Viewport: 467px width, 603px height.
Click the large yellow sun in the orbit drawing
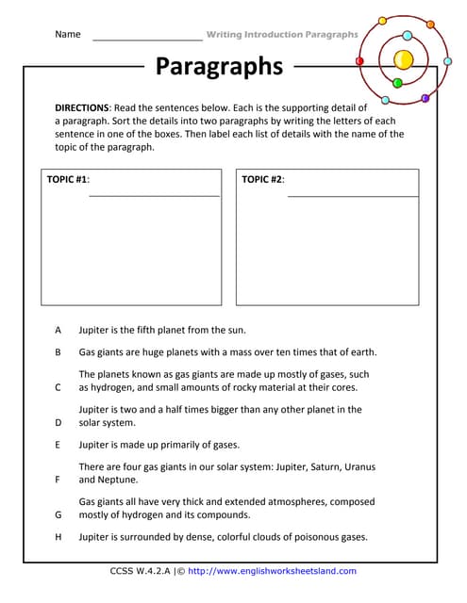click(x=403, y=59)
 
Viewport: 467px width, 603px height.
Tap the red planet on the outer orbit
click(x=359, y=60)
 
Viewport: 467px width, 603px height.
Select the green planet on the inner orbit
click(x=397, y=83)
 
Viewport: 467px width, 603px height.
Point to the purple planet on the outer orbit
click(x=425, y=98)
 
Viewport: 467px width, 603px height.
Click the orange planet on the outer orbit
click(x=429, y=24)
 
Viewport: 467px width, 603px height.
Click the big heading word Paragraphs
click(x=219, y=66)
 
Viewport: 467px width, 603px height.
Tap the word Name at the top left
click(x=68, y=34)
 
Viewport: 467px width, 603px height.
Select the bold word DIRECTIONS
click(x=82, y=108)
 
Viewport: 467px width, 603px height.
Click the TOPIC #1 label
click(x=67, y=179)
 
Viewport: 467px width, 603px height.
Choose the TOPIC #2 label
click(x=262, y=179)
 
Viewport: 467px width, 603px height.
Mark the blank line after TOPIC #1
click(x=154, y=195)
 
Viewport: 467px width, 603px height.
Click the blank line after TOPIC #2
click(x=352, y=195)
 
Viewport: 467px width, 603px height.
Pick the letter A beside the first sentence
click(x=58, y=330)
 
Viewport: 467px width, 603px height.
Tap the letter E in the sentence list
click(x=58, y=445)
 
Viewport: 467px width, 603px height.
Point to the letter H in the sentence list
click(x=58, y=537)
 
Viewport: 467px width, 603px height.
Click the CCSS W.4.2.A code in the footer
click(x=142, y=571)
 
